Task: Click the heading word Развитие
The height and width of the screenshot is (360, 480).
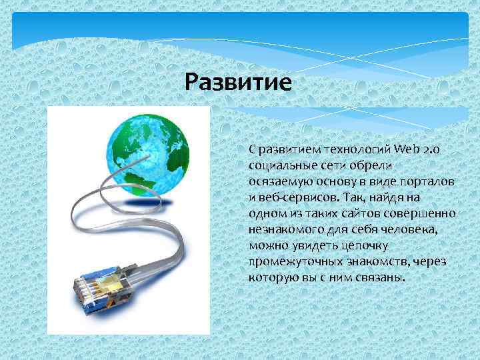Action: pos(239,83)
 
